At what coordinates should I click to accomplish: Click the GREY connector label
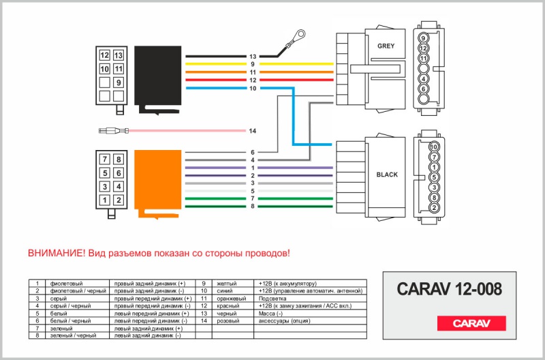click(x=386, y=46)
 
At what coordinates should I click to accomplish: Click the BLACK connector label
click(x=387, y=175)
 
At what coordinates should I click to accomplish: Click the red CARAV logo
click(x=471, y=323)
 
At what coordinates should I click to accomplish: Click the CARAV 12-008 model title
click(x=448, y=290)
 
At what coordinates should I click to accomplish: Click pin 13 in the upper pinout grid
click(x=118, y=55)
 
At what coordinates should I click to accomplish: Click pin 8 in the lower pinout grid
click(x=119, y=160)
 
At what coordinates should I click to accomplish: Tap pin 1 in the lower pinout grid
click(x=104, y=200)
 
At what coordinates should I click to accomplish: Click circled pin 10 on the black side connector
click(x=434, y=146)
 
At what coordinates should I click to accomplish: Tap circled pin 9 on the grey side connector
click(x=423, y=39)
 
